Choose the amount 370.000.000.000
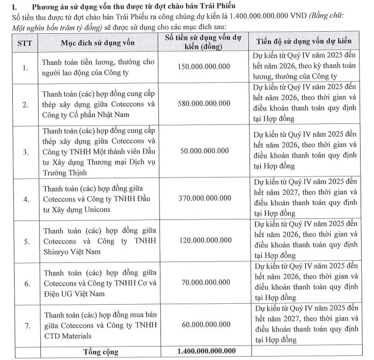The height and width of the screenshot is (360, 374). point(204,199)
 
